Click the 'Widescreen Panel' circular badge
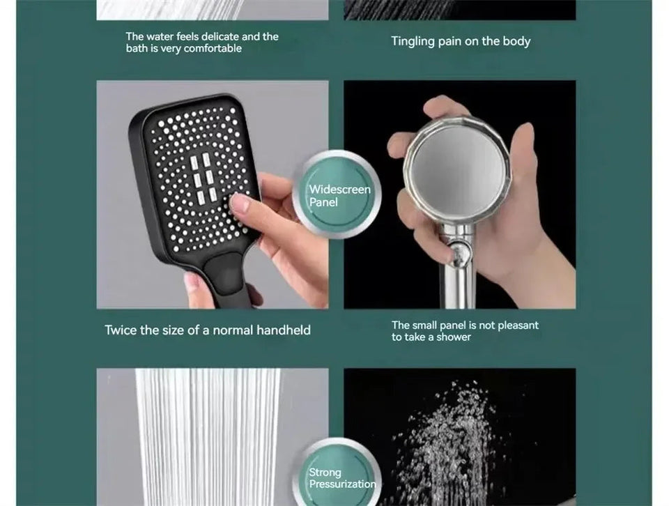(x=341, y=195)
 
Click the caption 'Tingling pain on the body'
(x=461, y=41)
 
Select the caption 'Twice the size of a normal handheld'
(x=208, y=330)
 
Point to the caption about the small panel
(x=465, y=331)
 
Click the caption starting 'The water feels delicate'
(x=201, y=43)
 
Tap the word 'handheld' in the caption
(x=284, y=330)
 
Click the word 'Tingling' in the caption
(x=413, y=41)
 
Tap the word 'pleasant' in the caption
(x=518, y=325)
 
